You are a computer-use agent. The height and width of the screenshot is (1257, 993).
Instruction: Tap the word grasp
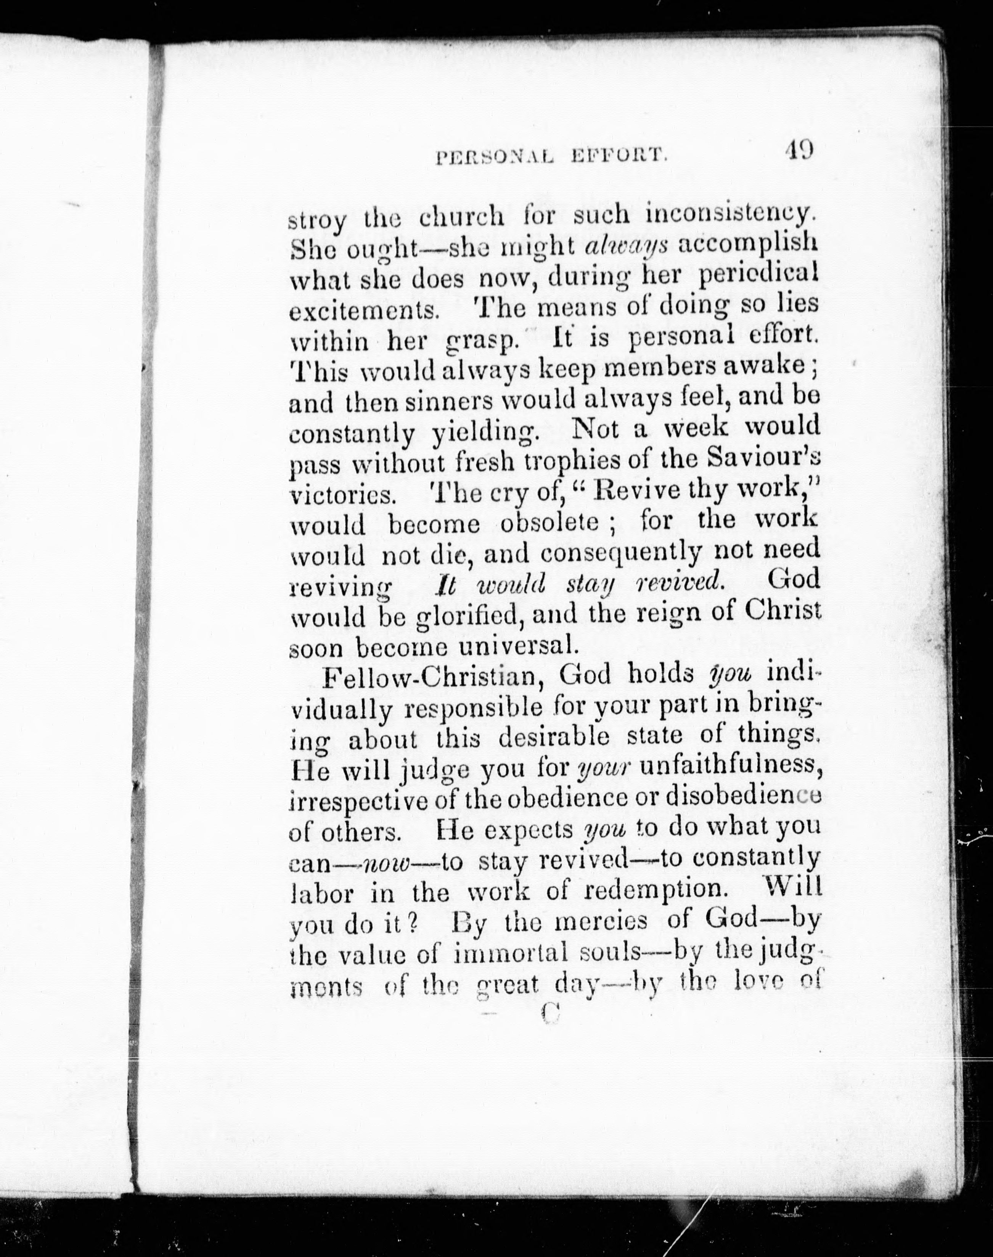(481, 342)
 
